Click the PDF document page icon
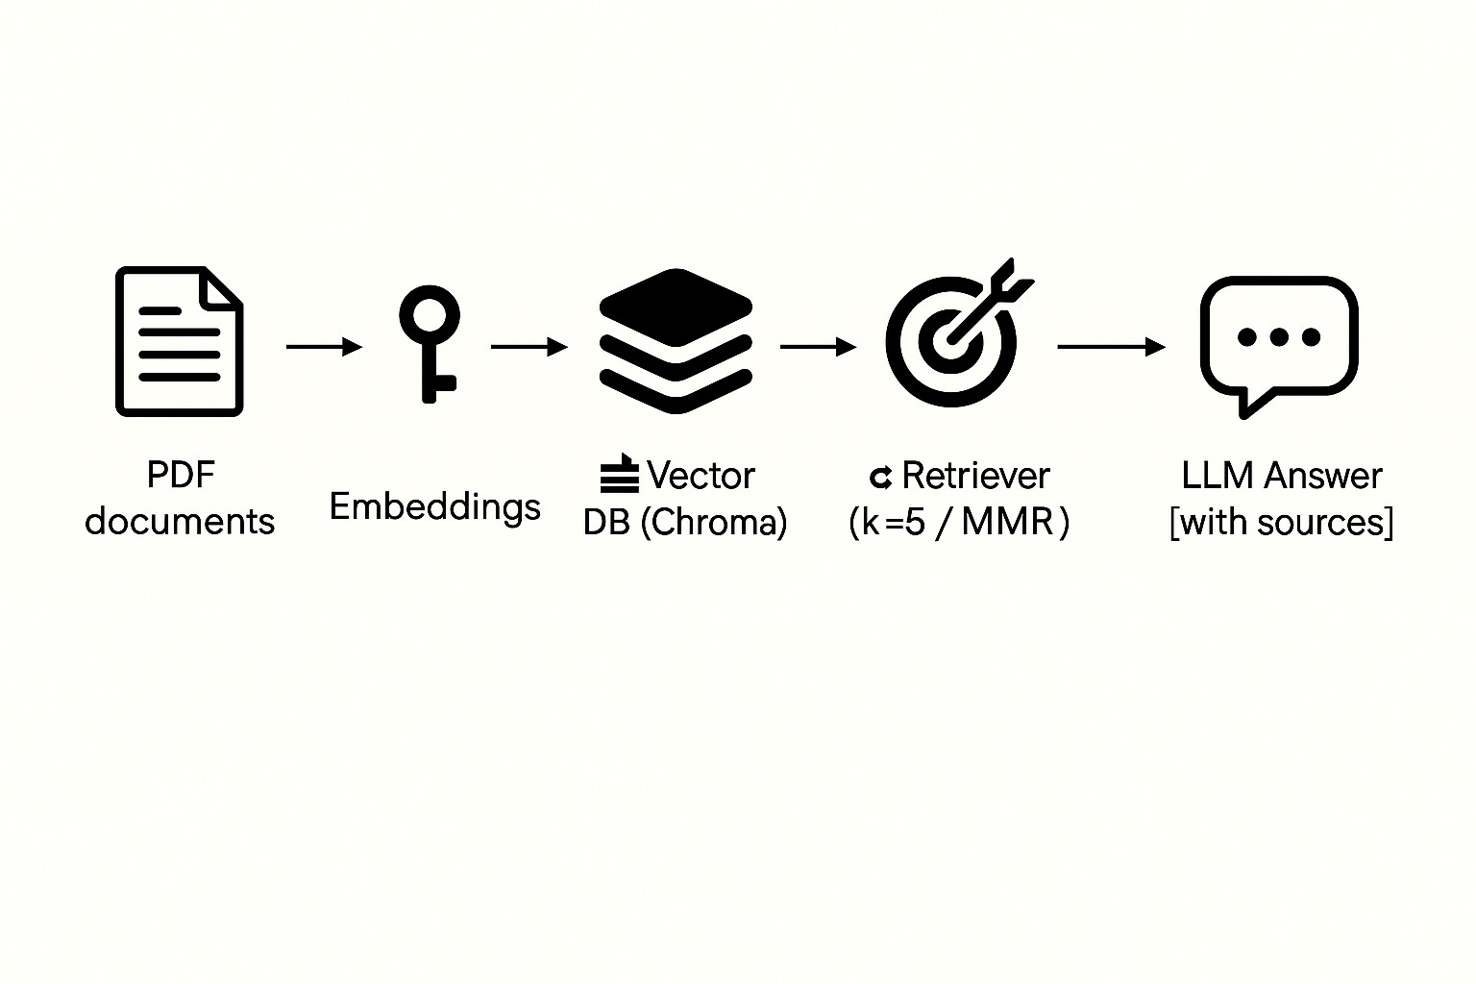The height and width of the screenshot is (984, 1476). pyautogui.click(x=179, y=341)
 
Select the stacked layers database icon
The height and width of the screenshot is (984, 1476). pyautogui.click(x=676, y=341)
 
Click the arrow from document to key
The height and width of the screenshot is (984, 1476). pyautogui.click(x=324, y=346)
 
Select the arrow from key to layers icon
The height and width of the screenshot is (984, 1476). pyautogui.click(x=529, y=346)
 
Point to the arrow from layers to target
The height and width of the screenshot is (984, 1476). pyautogui.click(x=818, y=346)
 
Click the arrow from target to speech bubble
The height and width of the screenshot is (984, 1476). pyautogui.click(x=1111, y=346)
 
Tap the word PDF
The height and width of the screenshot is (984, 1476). pyautogui.click(x=180, y=475)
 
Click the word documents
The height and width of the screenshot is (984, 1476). pyautogui.click(x=180, y=522)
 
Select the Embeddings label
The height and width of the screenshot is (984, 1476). pyautogui.click(x=434, y=506)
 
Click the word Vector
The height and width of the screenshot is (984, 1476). pyautogui.click(x=701, y=476)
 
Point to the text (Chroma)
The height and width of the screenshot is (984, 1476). pyautogui.click(x=713, y=522)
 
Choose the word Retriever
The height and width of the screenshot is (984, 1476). pyautogui.click(x=975, y=476)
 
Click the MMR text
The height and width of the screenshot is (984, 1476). pyautogui.click(x=1006, y=522)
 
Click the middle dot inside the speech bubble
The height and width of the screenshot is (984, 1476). pyautogui.click(x=1278, y=337)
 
